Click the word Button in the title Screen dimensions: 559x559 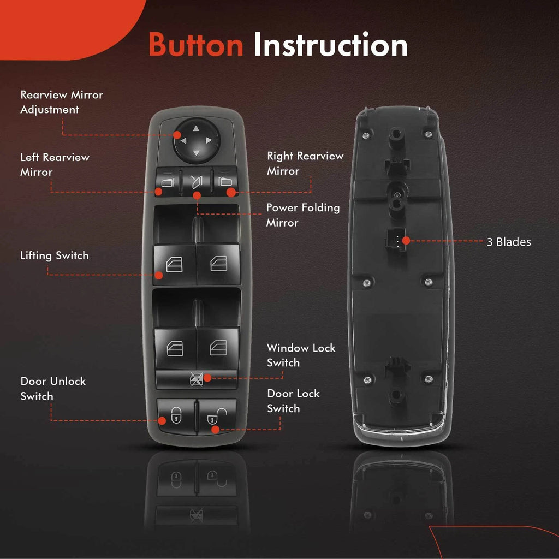point(196,45)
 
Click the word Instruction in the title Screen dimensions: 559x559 point(330,45)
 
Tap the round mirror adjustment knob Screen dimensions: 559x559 point(196,140)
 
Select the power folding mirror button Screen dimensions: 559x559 point(197,181)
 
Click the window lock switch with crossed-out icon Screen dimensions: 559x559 point(197,379)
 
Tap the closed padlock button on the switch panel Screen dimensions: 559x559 point(176,416)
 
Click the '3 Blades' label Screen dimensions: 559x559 point(509,242)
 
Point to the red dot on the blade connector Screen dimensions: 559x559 point(406,241)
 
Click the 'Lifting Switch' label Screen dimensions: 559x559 point(54,255)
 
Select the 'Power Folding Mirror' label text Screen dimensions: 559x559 point(302,215)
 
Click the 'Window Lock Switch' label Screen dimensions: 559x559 point(301,355)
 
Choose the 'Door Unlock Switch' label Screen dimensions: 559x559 point(53,389)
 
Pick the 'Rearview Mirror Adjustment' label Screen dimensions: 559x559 point(62,102)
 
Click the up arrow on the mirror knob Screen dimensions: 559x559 point(196,128)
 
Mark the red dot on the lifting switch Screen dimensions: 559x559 point(159,275)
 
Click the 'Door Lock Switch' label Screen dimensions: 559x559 point(293,401)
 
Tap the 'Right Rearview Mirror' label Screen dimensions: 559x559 point(305,163)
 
